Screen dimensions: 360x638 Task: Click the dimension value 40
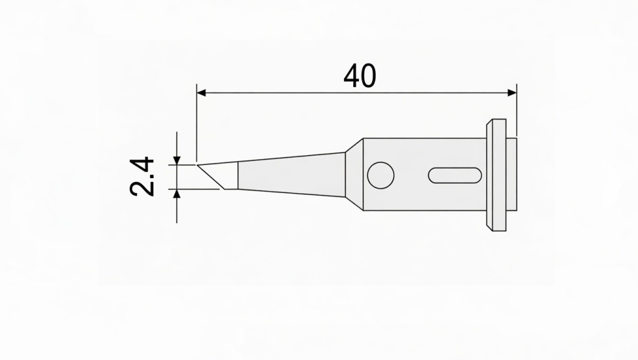click(359, 76)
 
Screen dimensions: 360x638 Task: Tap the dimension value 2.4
click(143, 177)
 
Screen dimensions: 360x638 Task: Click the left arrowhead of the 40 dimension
click(201, 93)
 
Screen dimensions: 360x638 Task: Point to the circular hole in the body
click(380, 176)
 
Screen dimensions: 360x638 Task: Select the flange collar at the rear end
click(498, 175)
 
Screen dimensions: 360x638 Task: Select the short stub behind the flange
click(512, 175)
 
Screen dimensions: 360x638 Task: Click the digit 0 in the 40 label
click(368, 76)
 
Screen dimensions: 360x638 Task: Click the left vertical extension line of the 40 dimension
click(196, 125)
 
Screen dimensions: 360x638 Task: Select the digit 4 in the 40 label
click(351, 76)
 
